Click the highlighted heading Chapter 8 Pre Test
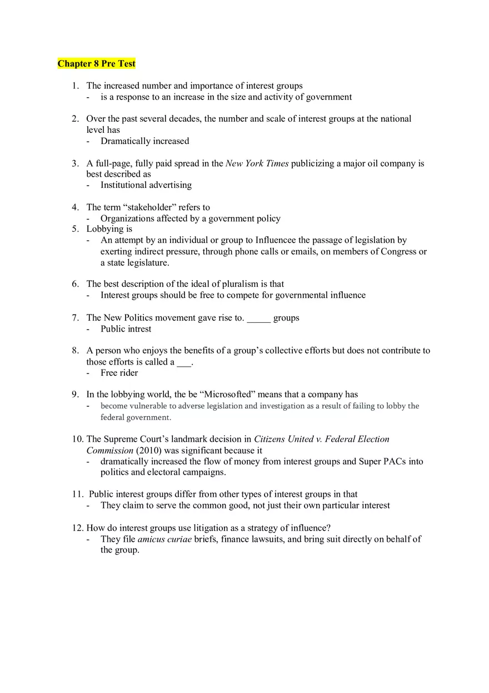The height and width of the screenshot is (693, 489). pos(96,64)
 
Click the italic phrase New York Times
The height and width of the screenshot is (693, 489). pos(257,163)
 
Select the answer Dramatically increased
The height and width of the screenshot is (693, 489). pos(144,141)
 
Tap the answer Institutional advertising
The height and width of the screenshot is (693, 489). pos(146,185)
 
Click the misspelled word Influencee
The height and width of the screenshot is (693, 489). pos(279,240)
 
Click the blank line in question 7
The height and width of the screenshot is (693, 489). pos(258,318)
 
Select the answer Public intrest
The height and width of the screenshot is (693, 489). pos(126,329)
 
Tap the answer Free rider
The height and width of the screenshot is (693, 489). pos(119,373)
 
